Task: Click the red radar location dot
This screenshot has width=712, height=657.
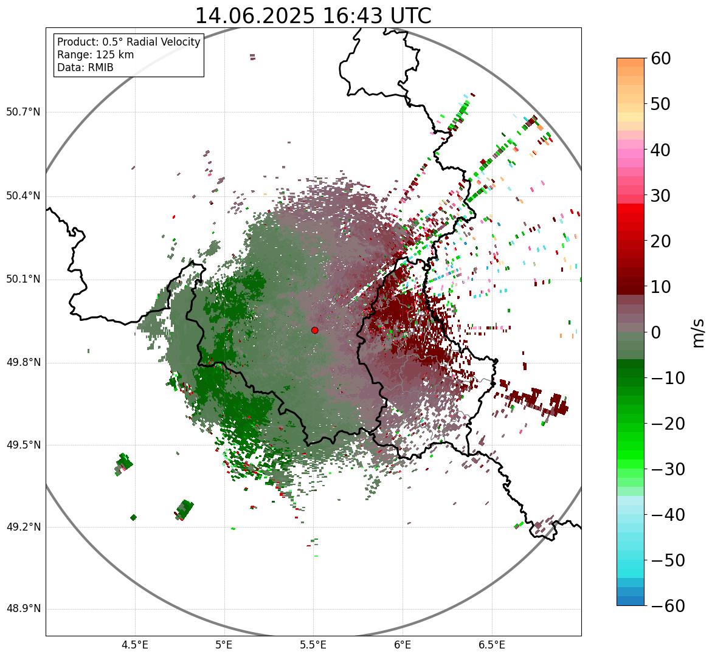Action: coord(314,330)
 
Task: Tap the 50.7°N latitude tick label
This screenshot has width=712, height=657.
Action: coord(23,112)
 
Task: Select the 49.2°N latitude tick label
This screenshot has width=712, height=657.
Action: coord(23,527)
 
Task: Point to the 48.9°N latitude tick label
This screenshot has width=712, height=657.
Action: coord(23,609)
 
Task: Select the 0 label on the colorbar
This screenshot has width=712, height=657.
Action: coord(656,332)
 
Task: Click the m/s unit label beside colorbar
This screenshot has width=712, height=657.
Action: coord(699,332)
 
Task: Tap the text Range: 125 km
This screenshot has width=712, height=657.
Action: coord(95,55)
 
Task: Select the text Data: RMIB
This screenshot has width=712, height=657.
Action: coord(85,67)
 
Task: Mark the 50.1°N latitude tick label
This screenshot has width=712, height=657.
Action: coord(23,280)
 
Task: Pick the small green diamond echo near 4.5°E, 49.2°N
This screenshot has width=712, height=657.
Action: coord(133,517)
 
